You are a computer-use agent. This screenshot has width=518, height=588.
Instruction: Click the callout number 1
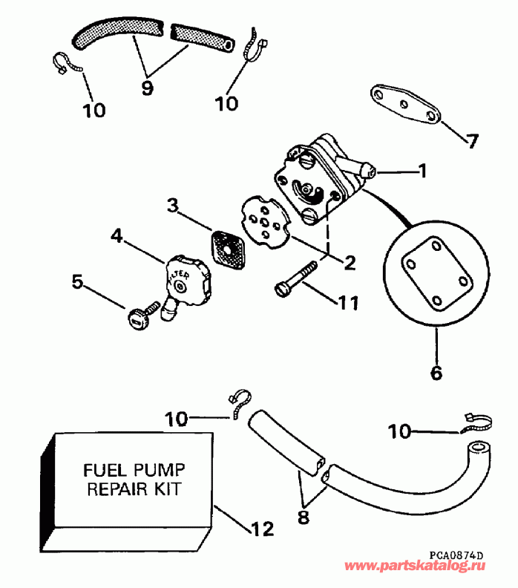(422, 171)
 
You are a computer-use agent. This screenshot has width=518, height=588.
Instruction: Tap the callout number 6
(436, 372)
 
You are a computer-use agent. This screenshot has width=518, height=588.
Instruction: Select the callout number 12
(263, 529)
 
